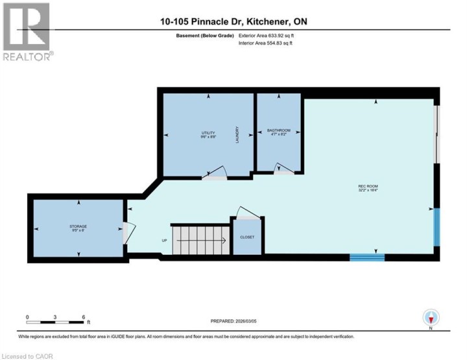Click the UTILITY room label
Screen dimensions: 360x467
point(208,135)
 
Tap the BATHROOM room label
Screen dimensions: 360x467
point(279,132)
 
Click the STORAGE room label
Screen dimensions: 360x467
point(78,228)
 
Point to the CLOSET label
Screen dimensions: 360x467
point(247,237)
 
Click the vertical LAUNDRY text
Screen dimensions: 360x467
point(238,134)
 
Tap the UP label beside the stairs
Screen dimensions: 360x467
point(164,241)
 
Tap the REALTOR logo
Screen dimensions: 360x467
point(26,32)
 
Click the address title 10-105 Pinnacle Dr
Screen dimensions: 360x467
point(233,22)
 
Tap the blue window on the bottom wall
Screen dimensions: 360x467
point(367,258)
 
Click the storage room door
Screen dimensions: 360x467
point(128,232)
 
